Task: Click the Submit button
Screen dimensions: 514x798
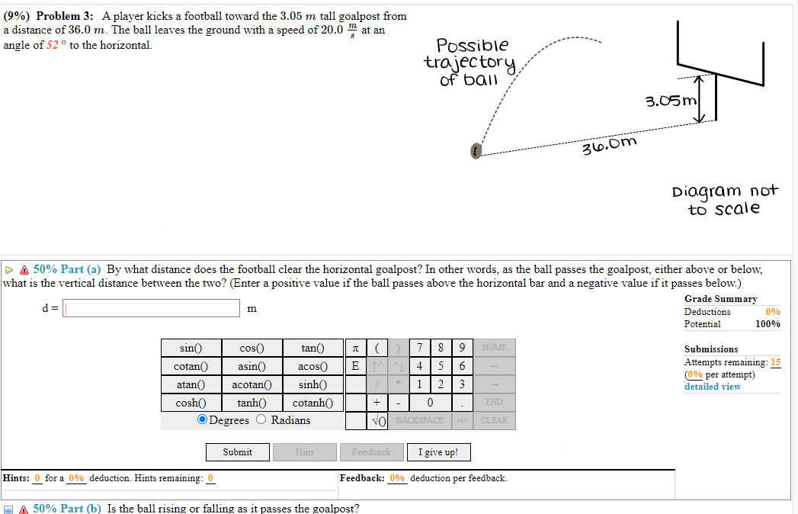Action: [238, 452]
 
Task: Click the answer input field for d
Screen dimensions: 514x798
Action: [151, 308]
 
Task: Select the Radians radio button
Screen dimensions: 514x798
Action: [262, 420]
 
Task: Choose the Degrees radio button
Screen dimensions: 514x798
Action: [202, 420]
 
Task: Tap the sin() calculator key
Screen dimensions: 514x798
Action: [191, 348]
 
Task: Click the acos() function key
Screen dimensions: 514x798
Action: [312, 366]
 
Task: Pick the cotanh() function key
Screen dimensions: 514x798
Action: [312, 402]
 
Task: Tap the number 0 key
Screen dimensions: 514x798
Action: [431, 402]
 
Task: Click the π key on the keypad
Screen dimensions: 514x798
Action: [354, 348]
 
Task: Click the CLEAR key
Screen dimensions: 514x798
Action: [494, 420]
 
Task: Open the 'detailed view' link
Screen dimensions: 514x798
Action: [712, 387]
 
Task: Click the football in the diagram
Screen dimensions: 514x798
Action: [476, 152]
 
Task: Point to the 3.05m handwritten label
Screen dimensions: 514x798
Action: [671, 101]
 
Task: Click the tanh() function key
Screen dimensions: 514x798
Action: [252, 402]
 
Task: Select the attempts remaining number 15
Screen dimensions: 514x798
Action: [775, 362]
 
